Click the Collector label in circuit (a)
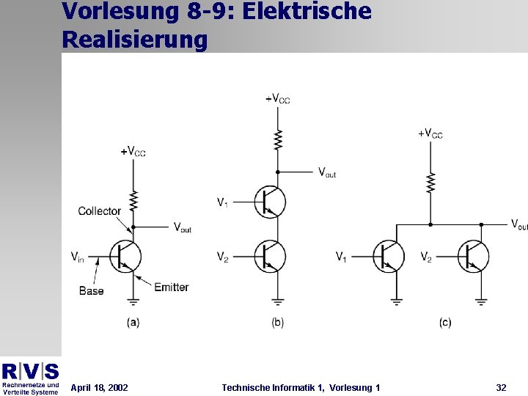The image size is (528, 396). point(99,211)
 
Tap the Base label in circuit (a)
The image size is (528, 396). point(91,291)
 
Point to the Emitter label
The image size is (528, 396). point(172,287)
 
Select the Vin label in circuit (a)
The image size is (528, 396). point(78,256)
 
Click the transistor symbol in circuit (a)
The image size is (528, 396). point(125,256)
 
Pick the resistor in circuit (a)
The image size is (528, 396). point(133,200)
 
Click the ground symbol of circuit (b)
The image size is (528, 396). point(277,300)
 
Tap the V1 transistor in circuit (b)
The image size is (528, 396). point(270,202)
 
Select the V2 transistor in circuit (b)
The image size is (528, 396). point(270,256)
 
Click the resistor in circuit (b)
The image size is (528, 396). point(278,139)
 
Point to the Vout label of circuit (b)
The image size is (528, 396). point(327,172)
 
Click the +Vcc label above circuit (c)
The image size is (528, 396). point(430,133)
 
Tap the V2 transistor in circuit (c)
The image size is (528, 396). point(473,256)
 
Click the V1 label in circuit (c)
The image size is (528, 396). point(342,257)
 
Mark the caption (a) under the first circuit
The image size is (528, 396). point(133,322)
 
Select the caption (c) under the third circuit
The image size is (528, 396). point(445,322)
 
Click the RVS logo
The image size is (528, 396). point(30,371)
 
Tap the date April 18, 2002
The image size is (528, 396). point(99,387)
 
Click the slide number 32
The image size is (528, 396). point(501,387)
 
